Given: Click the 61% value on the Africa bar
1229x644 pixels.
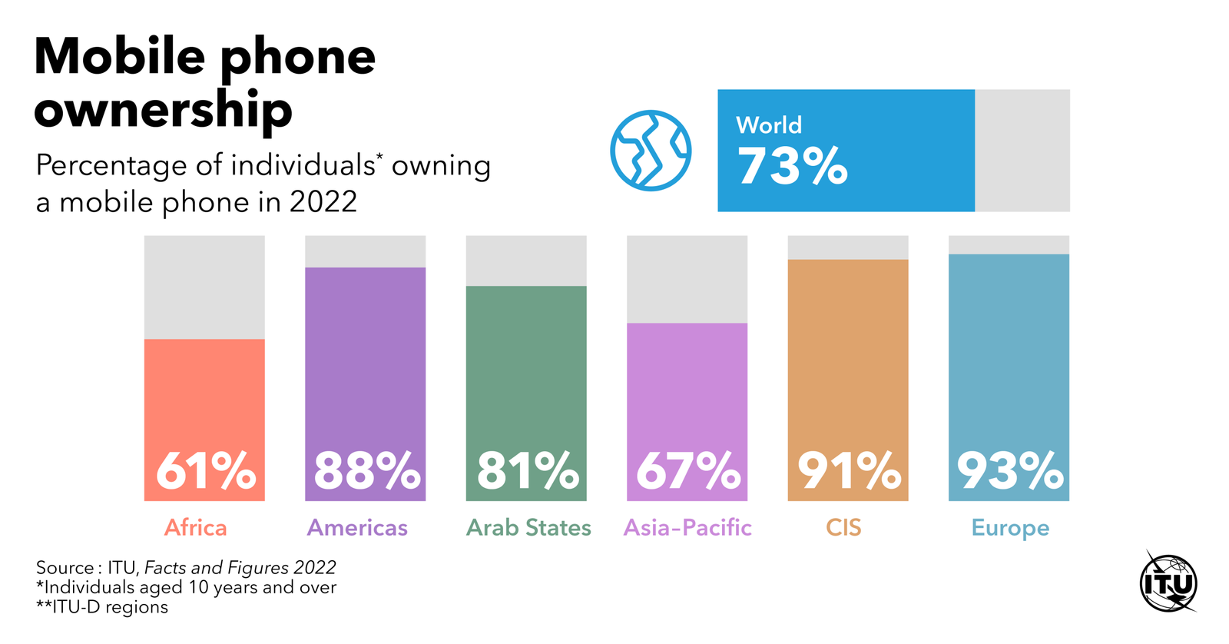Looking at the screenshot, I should pos(205,470).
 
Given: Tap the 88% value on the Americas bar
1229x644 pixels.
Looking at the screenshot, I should pos(366,470).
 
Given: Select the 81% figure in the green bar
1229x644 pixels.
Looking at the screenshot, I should pos(527,470).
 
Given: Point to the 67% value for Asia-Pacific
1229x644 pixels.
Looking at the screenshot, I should pos(687,470).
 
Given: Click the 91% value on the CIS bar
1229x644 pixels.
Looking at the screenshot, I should pos(849,470).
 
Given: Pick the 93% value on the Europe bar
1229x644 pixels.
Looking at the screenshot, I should pos(1009,470).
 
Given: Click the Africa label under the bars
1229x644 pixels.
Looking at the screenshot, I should pos(196,528).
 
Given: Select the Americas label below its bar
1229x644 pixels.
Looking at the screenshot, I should pos(357,528).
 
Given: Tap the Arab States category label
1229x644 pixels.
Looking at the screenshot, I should pos(528,528).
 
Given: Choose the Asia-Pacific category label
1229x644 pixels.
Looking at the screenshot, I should pos(687,528).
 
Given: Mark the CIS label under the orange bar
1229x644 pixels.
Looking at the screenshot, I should pos(843,528).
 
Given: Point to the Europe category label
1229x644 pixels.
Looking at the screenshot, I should pos(1010,529).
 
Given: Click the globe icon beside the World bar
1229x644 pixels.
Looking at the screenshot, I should pos(651,151).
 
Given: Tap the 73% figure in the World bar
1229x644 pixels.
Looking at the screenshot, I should pos(792,166).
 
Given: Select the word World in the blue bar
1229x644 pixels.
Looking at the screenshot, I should pos(769,125).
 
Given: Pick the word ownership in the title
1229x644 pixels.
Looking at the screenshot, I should pos(163,110).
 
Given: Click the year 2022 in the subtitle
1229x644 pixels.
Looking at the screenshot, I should pos(323,202).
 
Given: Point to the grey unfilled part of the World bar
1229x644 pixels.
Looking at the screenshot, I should pos(1022,151).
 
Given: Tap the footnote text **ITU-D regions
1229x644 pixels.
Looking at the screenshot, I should pos(102,607).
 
